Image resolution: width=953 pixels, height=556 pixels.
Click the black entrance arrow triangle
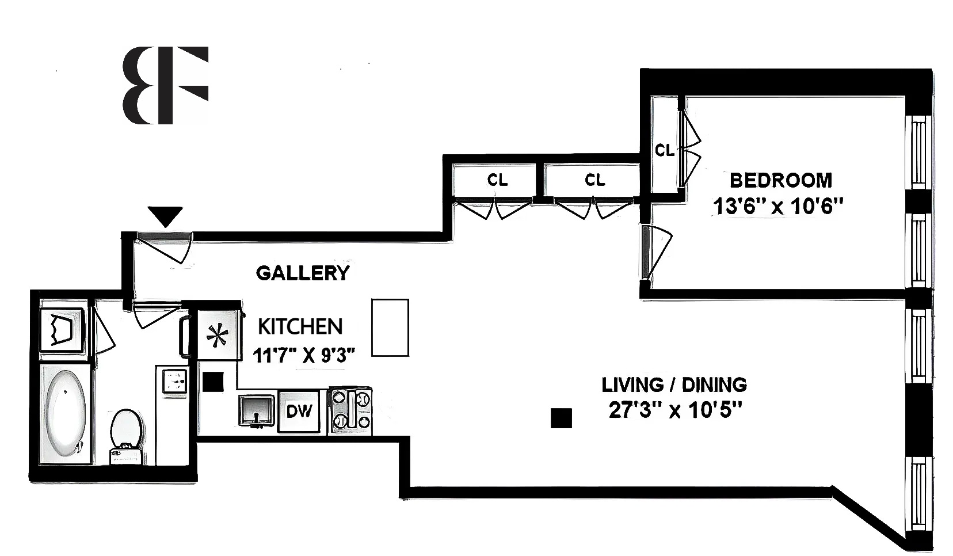166,216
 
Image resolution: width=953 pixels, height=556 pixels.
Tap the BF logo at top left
165,85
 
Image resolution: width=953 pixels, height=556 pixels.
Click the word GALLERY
303,273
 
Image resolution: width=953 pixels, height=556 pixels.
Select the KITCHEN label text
300,326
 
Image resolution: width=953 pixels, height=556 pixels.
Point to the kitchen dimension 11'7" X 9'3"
304,356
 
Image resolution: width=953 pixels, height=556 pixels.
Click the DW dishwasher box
299,411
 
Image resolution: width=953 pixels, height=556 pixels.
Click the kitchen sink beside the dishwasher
257,410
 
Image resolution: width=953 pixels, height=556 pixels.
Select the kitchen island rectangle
390,327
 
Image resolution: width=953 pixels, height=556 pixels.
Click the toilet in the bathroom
125,435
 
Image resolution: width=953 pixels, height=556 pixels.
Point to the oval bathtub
65,412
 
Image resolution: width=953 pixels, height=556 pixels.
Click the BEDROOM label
780,180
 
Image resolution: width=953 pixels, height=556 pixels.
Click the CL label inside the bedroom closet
665,151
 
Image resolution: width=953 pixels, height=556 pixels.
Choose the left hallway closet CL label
497,180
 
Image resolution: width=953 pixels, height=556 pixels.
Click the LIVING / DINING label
674,384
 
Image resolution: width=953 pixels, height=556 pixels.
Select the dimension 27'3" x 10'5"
674,411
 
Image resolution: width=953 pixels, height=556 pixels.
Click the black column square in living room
561,418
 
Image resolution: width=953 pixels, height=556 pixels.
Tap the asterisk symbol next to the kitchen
217,336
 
